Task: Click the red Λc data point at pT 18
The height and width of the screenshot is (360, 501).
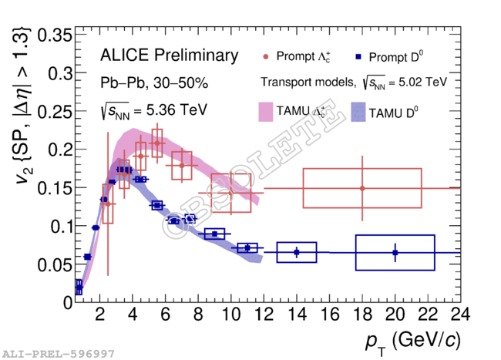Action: [362, 188]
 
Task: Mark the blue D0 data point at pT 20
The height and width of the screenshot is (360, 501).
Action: [395, 252]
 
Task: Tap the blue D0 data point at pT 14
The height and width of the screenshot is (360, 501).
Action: [297, 252]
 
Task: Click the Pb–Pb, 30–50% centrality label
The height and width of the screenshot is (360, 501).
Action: [153, 82]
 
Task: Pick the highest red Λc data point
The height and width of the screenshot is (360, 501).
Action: [157, 143]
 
